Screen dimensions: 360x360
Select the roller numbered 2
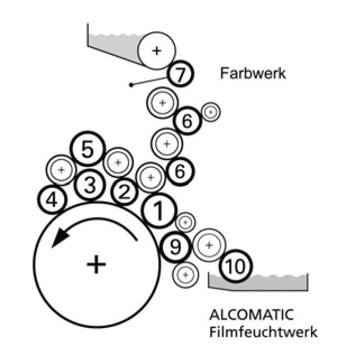click(x=125, y=192)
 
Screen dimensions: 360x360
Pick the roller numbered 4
click(x=52, y=199)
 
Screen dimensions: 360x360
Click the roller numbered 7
click(x=180, y=74)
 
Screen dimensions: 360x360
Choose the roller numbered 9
click(x=175, y=247)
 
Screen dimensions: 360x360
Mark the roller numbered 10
click(x=235, y=267)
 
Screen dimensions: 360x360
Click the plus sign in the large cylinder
click(x=97, y=263)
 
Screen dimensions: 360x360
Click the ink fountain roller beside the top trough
click(x=156, y=51)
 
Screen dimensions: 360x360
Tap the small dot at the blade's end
click(x=131, y=85)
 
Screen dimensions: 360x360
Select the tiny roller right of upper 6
click(x=211, y=112)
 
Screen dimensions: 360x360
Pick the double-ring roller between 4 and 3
click(x=61, y=168)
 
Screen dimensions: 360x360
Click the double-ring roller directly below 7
click(x=162, y=103)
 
